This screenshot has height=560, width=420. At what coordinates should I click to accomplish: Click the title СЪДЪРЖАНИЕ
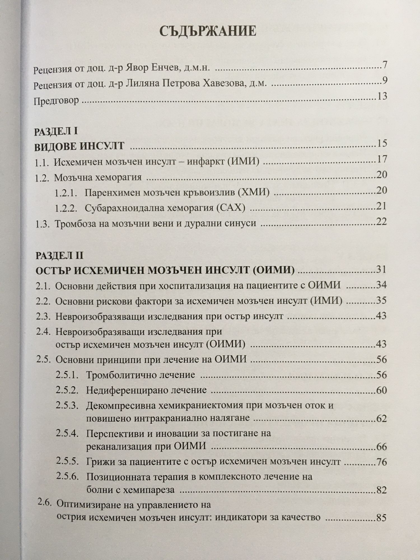[207, 31]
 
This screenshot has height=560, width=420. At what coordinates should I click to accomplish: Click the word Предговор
[56, 101]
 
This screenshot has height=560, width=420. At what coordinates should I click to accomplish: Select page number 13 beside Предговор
[382, 97]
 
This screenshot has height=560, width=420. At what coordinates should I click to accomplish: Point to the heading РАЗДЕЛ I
[56, 132]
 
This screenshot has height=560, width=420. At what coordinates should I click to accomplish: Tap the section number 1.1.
[42, 163]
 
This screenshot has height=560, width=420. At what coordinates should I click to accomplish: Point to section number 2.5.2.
[67, 390]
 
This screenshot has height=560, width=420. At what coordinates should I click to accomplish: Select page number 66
[382, 446]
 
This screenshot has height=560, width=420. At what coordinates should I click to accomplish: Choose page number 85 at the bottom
[382, 518]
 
